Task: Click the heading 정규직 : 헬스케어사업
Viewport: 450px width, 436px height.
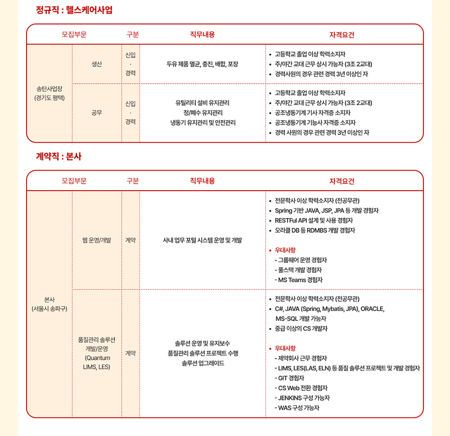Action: click(74, 10)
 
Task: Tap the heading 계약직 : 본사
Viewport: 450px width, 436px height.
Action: click(58, 157)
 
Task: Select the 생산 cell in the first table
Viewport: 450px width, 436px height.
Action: click(96, 64)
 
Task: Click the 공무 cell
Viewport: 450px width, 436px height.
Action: click(96, 113)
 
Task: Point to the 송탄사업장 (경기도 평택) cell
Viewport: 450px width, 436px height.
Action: click(49, 93)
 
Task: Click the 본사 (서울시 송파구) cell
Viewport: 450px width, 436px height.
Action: click(49, 304)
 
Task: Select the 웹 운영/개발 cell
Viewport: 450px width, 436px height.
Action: click(96, 240)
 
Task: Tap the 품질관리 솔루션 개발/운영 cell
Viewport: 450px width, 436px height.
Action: click(96, 353)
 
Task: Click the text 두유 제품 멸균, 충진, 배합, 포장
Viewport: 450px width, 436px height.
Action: click(202, 64)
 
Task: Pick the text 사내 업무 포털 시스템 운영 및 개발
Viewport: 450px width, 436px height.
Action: click(202, 240)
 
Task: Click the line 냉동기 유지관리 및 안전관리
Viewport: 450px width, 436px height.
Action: click(202, 122)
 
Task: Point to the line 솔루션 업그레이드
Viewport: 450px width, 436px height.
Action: click(202, 363)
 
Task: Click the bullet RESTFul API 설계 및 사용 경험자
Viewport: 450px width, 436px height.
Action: click(314, 220)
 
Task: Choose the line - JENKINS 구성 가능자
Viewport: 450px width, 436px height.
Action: click(302, 397)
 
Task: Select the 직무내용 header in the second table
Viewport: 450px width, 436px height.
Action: click(202, 181)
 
